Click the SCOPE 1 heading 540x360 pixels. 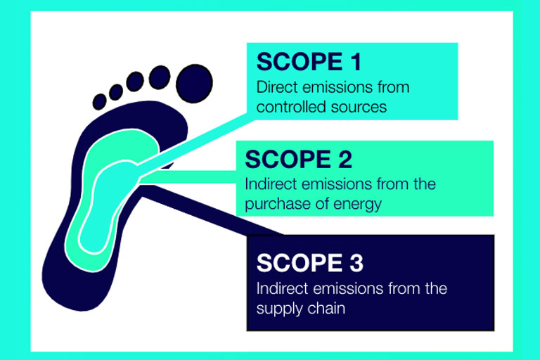[309, 62]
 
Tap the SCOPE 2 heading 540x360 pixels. [298, 159]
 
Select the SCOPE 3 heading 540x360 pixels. [310, 263]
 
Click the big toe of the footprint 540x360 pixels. [194, 84]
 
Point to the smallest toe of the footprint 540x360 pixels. [100, 102]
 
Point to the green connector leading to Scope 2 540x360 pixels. [188, 177]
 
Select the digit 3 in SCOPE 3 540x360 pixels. [356, 263]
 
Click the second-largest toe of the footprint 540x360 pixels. [160, 77]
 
